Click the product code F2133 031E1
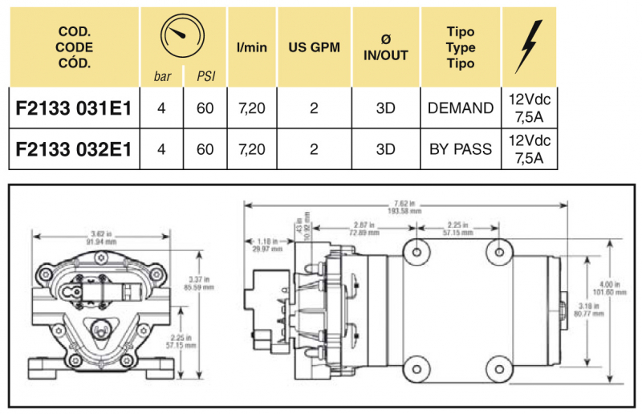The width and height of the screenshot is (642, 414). [x=74, y=108]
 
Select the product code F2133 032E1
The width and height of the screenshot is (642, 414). [x=74, y=149]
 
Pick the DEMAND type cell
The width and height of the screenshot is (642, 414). [x=461, y=108]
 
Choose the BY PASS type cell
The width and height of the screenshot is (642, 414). [x=461, y=149]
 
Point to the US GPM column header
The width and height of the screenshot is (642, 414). [x=314, y=47]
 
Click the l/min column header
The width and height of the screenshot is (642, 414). [x=251, y=47]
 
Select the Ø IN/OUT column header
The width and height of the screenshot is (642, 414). [x=386, y=47]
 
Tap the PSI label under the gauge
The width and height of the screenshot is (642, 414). [x=205, y=77]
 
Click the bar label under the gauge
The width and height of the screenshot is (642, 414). [x=162, y=77]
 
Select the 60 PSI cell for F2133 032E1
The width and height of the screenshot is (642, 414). [x=205, y=149]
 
